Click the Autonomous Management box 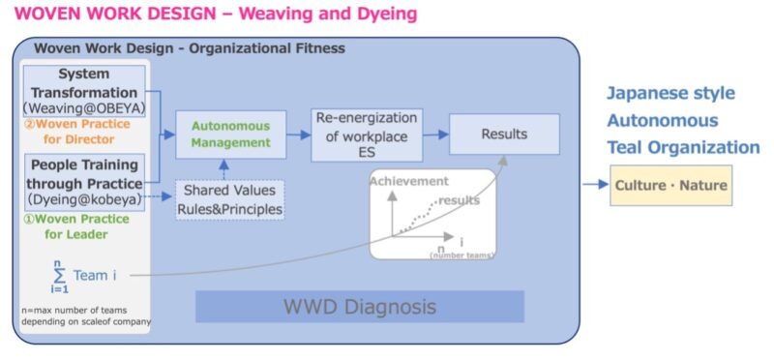tap(230, 135)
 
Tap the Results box tap(504, 134)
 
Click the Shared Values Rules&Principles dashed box tap(230, 199)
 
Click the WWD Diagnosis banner tap(359, 307)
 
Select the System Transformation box tap(83, 91)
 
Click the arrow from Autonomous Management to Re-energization tap(299, 134)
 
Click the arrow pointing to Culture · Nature tap(594, 184)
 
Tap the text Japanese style tap(670, 94)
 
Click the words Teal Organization tap(682, 147)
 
